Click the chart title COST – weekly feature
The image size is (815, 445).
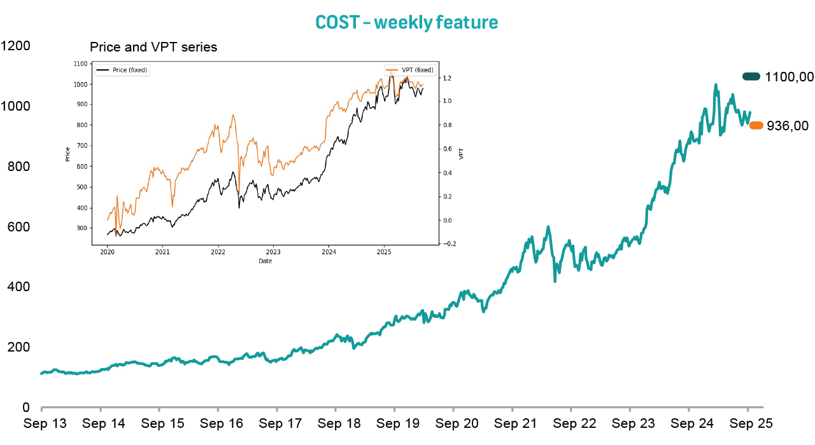(407, 22)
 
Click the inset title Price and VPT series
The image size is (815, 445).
(153, 47)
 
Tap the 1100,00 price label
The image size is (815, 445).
(790, 77)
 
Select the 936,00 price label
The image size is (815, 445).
(788, 126)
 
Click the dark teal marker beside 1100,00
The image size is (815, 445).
(751, 77)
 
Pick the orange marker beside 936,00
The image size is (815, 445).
(756, 126)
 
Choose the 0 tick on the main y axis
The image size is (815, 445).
(25, 407)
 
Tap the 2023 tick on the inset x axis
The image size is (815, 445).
(273, 252)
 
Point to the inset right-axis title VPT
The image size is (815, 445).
(462, 153)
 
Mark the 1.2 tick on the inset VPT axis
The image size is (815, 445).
(447, 78)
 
